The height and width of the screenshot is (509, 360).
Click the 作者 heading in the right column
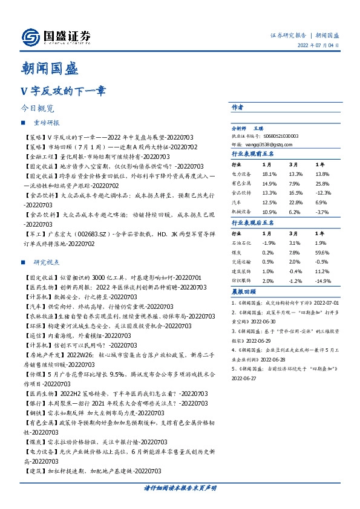pos(237,106)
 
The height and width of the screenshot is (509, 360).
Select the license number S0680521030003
pos(277,137)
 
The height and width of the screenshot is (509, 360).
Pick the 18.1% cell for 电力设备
pos(269,173)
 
